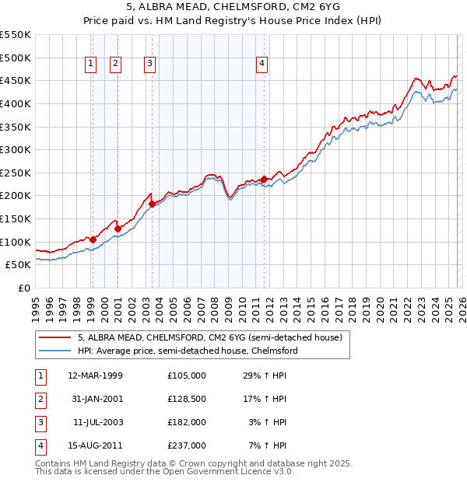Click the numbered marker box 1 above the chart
coord(92,65)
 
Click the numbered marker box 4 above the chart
coord(262,65)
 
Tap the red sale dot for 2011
coord(264,179)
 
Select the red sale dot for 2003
coord(153,204)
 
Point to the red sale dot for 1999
coord(93,239)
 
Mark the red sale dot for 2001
coord(118,229)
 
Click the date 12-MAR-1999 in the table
coord(96,375)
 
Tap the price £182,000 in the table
coord(187,422)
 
